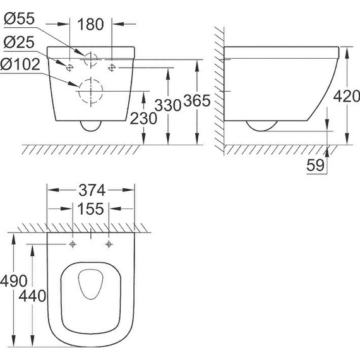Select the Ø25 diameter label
point(20,44)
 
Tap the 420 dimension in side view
point(345,97)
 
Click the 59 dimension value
point(316,165)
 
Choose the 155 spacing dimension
point(92,209)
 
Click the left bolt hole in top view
point(74,244)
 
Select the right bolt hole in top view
point(109,244)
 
